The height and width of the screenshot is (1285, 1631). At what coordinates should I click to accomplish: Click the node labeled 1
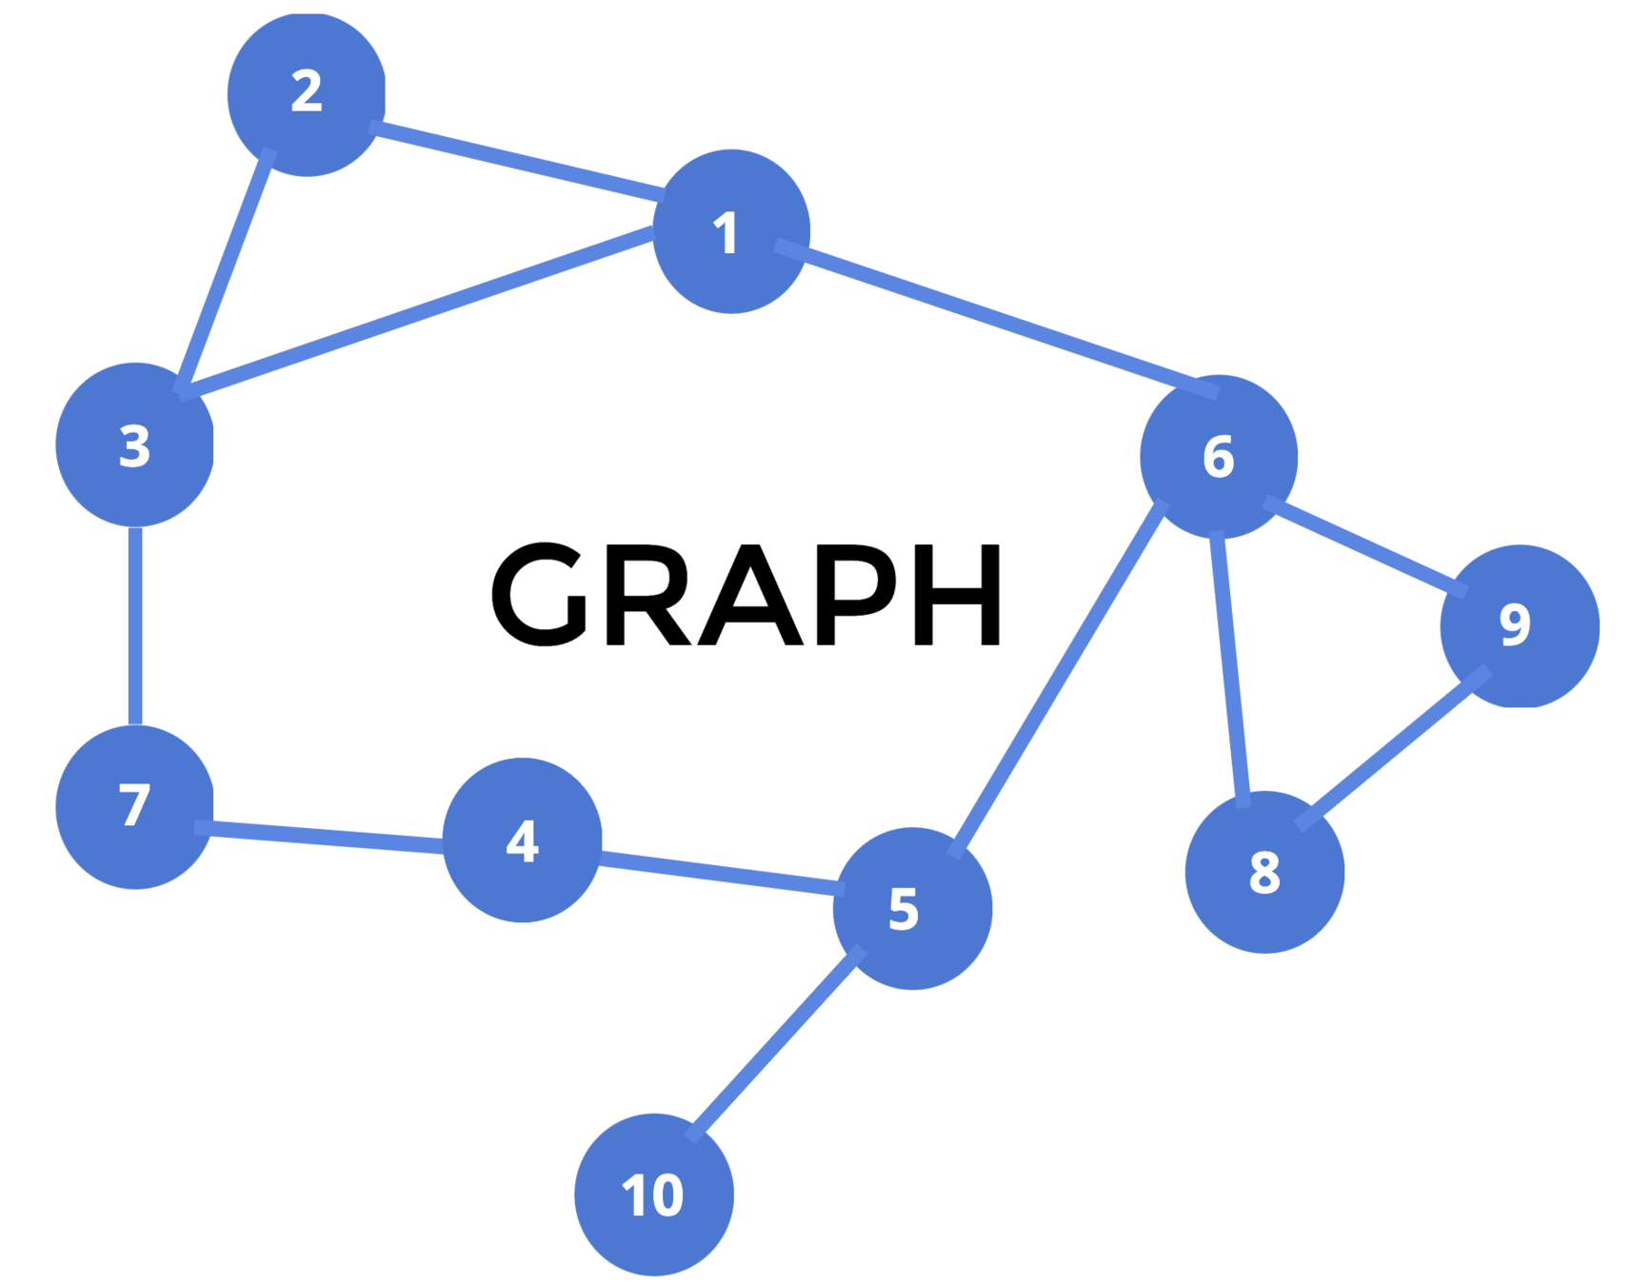click(730, 231)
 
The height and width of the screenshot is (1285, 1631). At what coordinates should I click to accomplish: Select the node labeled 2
click(306, 93)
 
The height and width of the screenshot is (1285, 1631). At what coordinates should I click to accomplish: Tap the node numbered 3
click(134, 445)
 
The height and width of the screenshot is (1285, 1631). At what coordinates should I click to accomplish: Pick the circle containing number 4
click(522, 840)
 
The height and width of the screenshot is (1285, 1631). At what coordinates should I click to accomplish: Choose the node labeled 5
click(911, 908)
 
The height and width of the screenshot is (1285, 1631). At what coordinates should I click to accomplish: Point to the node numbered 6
click(1218, 456)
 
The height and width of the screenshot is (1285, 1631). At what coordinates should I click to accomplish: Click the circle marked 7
click(134, 806)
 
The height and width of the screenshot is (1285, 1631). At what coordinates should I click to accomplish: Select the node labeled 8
click(1263, 872)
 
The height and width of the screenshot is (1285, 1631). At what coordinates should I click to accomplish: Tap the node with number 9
click(1519, 625)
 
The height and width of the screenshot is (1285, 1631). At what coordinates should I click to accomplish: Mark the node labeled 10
click(653, 1194)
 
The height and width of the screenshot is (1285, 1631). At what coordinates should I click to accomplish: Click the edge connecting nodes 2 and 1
click(519, 160)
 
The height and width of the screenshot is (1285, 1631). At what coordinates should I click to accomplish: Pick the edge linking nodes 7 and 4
click(324, 836)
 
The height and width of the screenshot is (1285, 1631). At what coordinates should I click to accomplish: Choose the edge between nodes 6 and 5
click(1059, 678)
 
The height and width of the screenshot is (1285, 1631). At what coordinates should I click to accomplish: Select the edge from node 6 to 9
click(1364, 546)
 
